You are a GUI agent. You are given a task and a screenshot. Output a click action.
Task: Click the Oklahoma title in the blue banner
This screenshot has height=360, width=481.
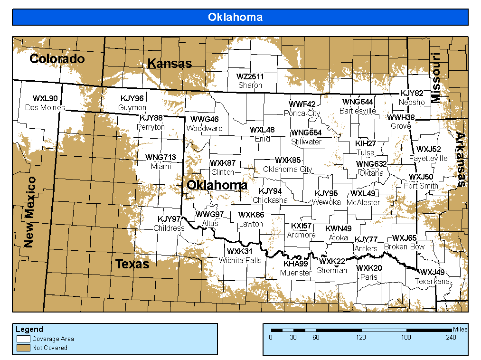[x=235, y=17]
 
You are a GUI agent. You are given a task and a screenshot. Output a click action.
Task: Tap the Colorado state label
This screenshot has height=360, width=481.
[x=57, y=59]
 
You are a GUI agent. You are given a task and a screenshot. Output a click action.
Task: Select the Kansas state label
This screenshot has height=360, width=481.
[x=170, y=63]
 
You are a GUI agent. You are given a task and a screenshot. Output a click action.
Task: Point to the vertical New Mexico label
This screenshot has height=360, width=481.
[x=29, y=212]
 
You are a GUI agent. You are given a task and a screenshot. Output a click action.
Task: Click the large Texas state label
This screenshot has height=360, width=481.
[x=132, y=264]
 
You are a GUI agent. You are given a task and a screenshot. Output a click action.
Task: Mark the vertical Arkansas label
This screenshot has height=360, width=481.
[x=460, y=160]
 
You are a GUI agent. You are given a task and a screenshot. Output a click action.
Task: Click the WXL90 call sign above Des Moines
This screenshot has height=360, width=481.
[x=45, y=99]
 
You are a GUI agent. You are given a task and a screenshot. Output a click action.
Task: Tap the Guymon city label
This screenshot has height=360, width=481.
[x=132, y=108]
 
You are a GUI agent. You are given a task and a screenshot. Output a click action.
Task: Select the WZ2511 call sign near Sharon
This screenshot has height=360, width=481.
[x=250, y=76]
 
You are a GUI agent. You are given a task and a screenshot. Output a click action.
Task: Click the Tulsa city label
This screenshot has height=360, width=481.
[x=366, y=153]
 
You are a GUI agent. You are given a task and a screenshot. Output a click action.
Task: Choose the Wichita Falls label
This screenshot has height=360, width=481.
[x=240, y=260]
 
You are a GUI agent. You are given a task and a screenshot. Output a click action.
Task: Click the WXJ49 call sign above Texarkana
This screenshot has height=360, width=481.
[x=433, y=272]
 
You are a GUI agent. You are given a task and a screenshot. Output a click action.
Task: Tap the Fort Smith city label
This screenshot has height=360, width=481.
[x=421, y=186]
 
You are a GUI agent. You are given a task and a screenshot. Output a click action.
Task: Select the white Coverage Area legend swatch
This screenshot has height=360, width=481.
[x=24, y=339]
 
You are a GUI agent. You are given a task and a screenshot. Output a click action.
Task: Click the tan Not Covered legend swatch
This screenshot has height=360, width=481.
[x=24, y=348]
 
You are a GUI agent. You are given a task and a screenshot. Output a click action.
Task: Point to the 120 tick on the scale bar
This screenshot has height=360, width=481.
[x=361, y=338]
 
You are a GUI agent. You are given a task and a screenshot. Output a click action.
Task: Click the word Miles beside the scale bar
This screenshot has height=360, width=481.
[x=460, y=329]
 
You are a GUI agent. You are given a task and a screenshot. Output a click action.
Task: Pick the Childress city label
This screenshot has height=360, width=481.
[x=169, y=228]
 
